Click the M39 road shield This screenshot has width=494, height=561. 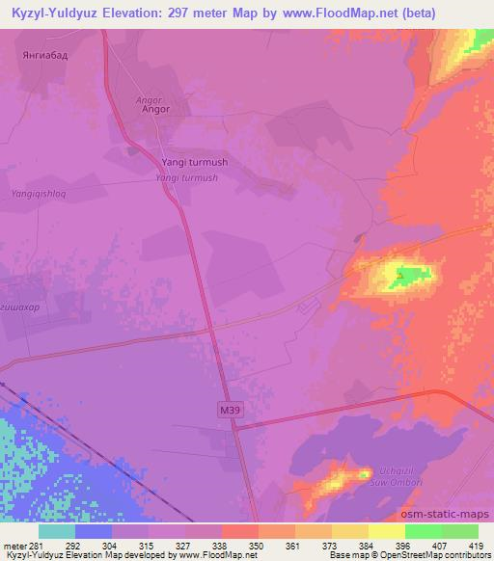point(227,411)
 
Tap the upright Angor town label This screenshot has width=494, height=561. point(155,110)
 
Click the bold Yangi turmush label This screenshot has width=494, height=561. point(195,163)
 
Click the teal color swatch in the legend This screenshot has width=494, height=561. point(57,531)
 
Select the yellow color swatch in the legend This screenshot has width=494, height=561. point(387,531)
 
